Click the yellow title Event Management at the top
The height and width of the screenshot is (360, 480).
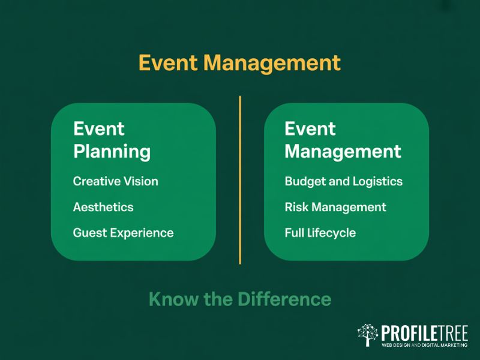(x=239, y=63)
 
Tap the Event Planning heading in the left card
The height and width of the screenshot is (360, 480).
(x=112, y=140)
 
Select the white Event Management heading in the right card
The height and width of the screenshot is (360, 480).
(x=343, y=140)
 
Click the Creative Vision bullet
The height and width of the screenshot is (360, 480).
(x=116, y=181)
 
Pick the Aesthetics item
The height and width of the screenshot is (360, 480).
(x=103, y=207)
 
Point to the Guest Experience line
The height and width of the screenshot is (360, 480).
(x=123, y=233)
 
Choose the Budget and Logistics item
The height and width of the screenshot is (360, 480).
(x=343, y=181)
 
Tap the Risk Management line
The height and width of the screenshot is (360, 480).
(x=335, y=207)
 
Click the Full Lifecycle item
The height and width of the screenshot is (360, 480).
(x=320, y=233)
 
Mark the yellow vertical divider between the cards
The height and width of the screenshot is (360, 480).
(x=240, y=180)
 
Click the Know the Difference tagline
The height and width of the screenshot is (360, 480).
(x=239, y=299)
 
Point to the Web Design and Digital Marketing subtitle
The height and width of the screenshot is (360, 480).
(x=424, y=345)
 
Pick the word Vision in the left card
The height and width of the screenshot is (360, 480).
(x=142, y=181)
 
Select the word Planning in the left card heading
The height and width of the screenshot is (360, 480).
(x=112, y=151)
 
